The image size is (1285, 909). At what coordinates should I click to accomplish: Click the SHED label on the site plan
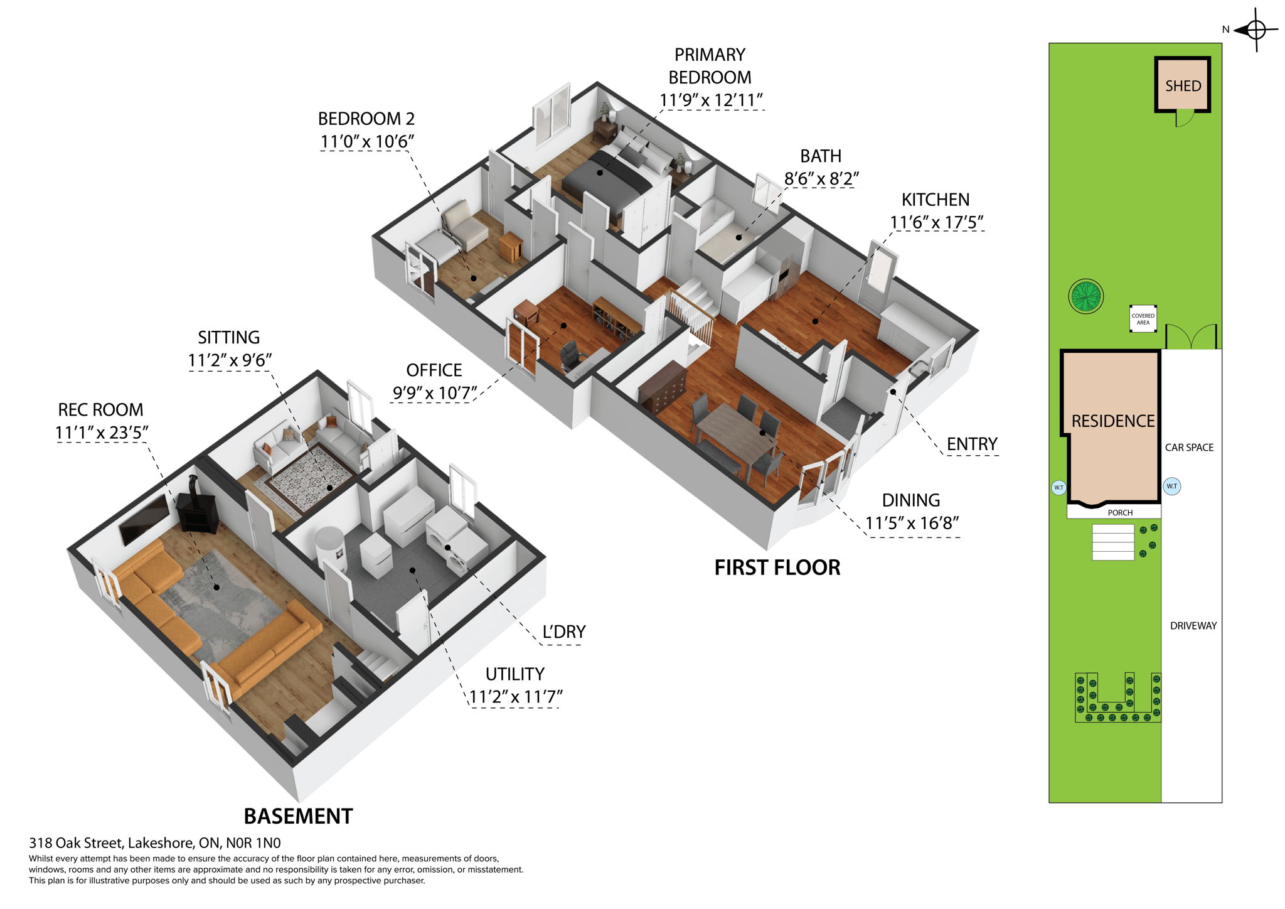click(1183, 86)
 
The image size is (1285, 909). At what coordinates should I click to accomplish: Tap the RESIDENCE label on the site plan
click(1112, 421)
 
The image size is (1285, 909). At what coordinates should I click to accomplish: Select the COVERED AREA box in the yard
click(1143, 319)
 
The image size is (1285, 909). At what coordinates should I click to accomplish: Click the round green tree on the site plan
click(1085, 296)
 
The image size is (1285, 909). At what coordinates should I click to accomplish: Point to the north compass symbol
click(1256, 30)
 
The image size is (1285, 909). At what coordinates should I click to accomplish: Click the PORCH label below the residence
click(1120, 513)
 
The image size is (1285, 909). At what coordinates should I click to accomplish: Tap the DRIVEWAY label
click(1193, 626)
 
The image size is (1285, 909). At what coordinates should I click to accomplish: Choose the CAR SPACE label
click(1189, 448)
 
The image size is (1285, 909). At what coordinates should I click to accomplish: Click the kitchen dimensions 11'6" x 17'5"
click(936, 222)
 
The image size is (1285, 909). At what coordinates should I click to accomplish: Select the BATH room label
click(821, 156)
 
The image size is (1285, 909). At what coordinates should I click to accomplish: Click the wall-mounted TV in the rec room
click(144, 519)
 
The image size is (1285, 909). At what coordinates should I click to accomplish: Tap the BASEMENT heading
click(298, 816)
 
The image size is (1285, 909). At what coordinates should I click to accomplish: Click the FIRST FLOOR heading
click(777, 567)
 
